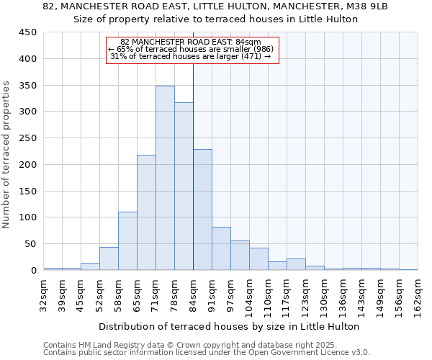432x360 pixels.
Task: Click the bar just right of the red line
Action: click(x=202, y=210)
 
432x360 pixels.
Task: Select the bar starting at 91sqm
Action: click(x=221, y=248)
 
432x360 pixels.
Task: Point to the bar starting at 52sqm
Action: click(x=109, y=258)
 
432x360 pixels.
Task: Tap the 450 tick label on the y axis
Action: click(x=28, y=32)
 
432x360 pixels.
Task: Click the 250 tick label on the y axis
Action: click(x=28, y=138)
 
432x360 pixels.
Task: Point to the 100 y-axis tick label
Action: click(x=28, y=217)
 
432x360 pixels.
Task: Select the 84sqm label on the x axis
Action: click(x=194, y=291)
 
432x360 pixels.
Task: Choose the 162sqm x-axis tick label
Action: click(x=418, y=291)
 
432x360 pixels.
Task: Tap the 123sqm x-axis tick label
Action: click(x=306, y=291)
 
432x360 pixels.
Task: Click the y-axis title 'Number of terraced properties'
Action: click(x=6, y=154)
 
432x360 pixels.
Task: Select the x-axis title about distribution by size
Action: click(x=228, y=326)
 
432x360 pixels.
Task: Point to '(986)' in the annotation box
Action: click(x=259, y=49)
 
